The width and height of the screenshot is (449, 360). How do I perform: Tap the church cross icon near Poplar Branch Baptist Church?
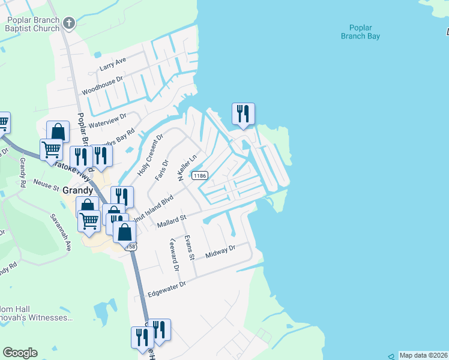point(70,23)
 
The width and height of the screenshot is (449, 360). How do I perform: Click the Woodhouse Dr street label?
point(102,85)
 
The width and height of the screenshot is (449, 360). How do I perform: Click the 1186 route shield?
point(200,176)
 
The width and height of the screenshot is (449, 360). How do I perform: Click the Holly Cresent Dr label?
point(150,155)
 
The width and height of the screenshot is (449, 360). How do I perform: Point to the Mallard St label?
point(172,221)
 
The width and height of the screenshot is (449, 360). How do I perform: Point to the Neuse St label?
point(46,184)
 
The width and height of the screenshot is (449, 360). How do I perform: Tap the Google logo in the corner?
point(20,353)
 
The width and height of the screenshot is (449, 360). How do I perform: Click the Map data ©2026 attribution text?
point(423,355)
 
